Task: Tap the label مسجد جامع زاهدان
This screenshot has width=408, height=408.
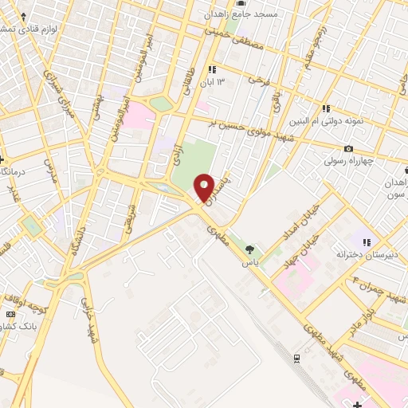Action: click(241, 14)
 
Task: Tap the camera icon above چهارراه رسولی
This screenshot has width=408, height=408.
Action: click(348, 149)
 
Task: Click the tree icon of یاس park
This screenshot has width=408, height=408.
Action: click(252, 250)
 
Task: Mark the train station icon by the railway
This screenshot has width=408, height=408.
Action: click(296, 358)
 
